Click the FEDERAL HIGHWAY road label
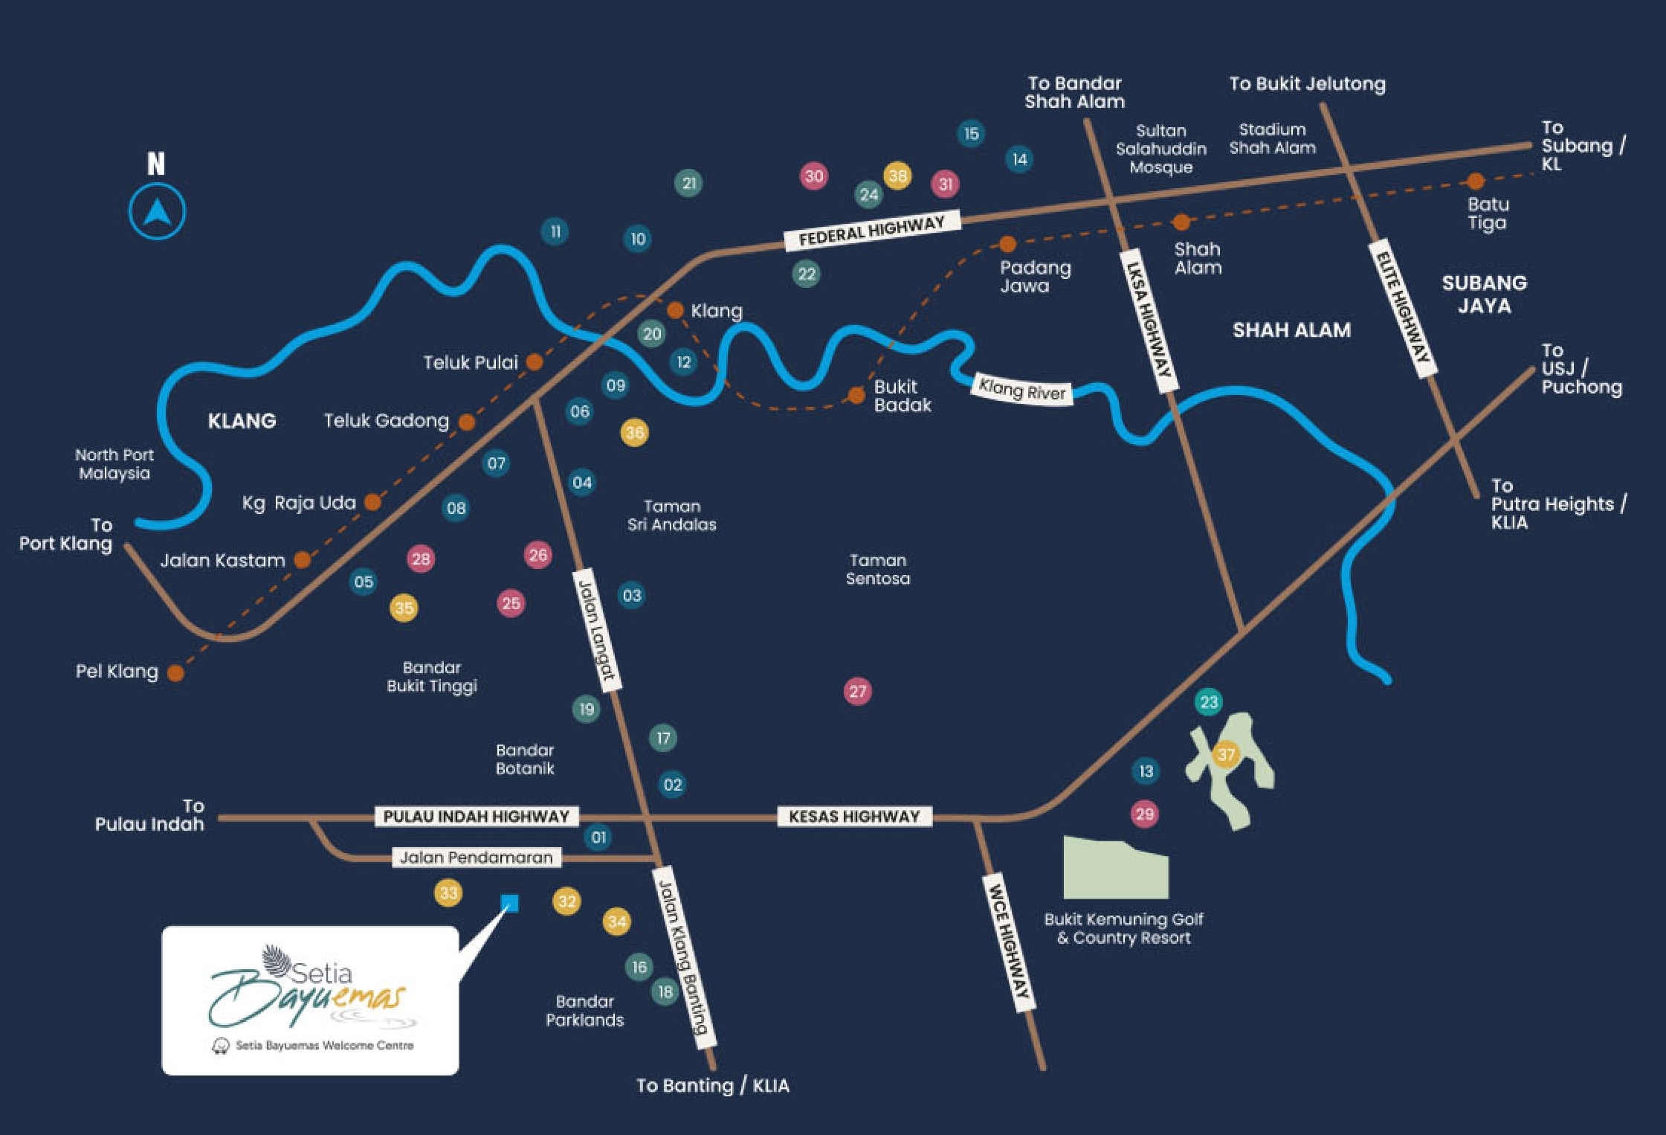point(872,231)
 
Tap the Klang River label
point(1022,389)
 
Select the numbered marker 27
point(857,692)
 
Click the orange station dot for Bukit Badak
point(856,394)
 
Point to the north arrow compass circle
point(157,212)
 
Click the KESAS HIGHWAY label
point(854,817)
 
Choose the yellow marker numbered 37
point(1226,755)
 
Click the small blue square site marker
point(510,904)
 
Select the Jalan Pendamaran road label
point(477,858)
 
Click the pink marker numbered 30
point(814,176)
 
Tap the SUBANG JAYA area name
point(1485,294)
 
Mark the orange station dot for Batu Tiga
point(1476,181)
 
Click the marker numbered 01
point(598,837)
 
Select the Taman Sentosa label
point(878,569)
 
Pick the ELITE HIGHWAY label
point(1403,308)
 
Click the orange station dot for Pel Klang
point(175,672)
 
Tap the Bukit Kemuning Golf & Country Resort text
point(1124,928)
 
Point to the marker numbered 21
point(689,183)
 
